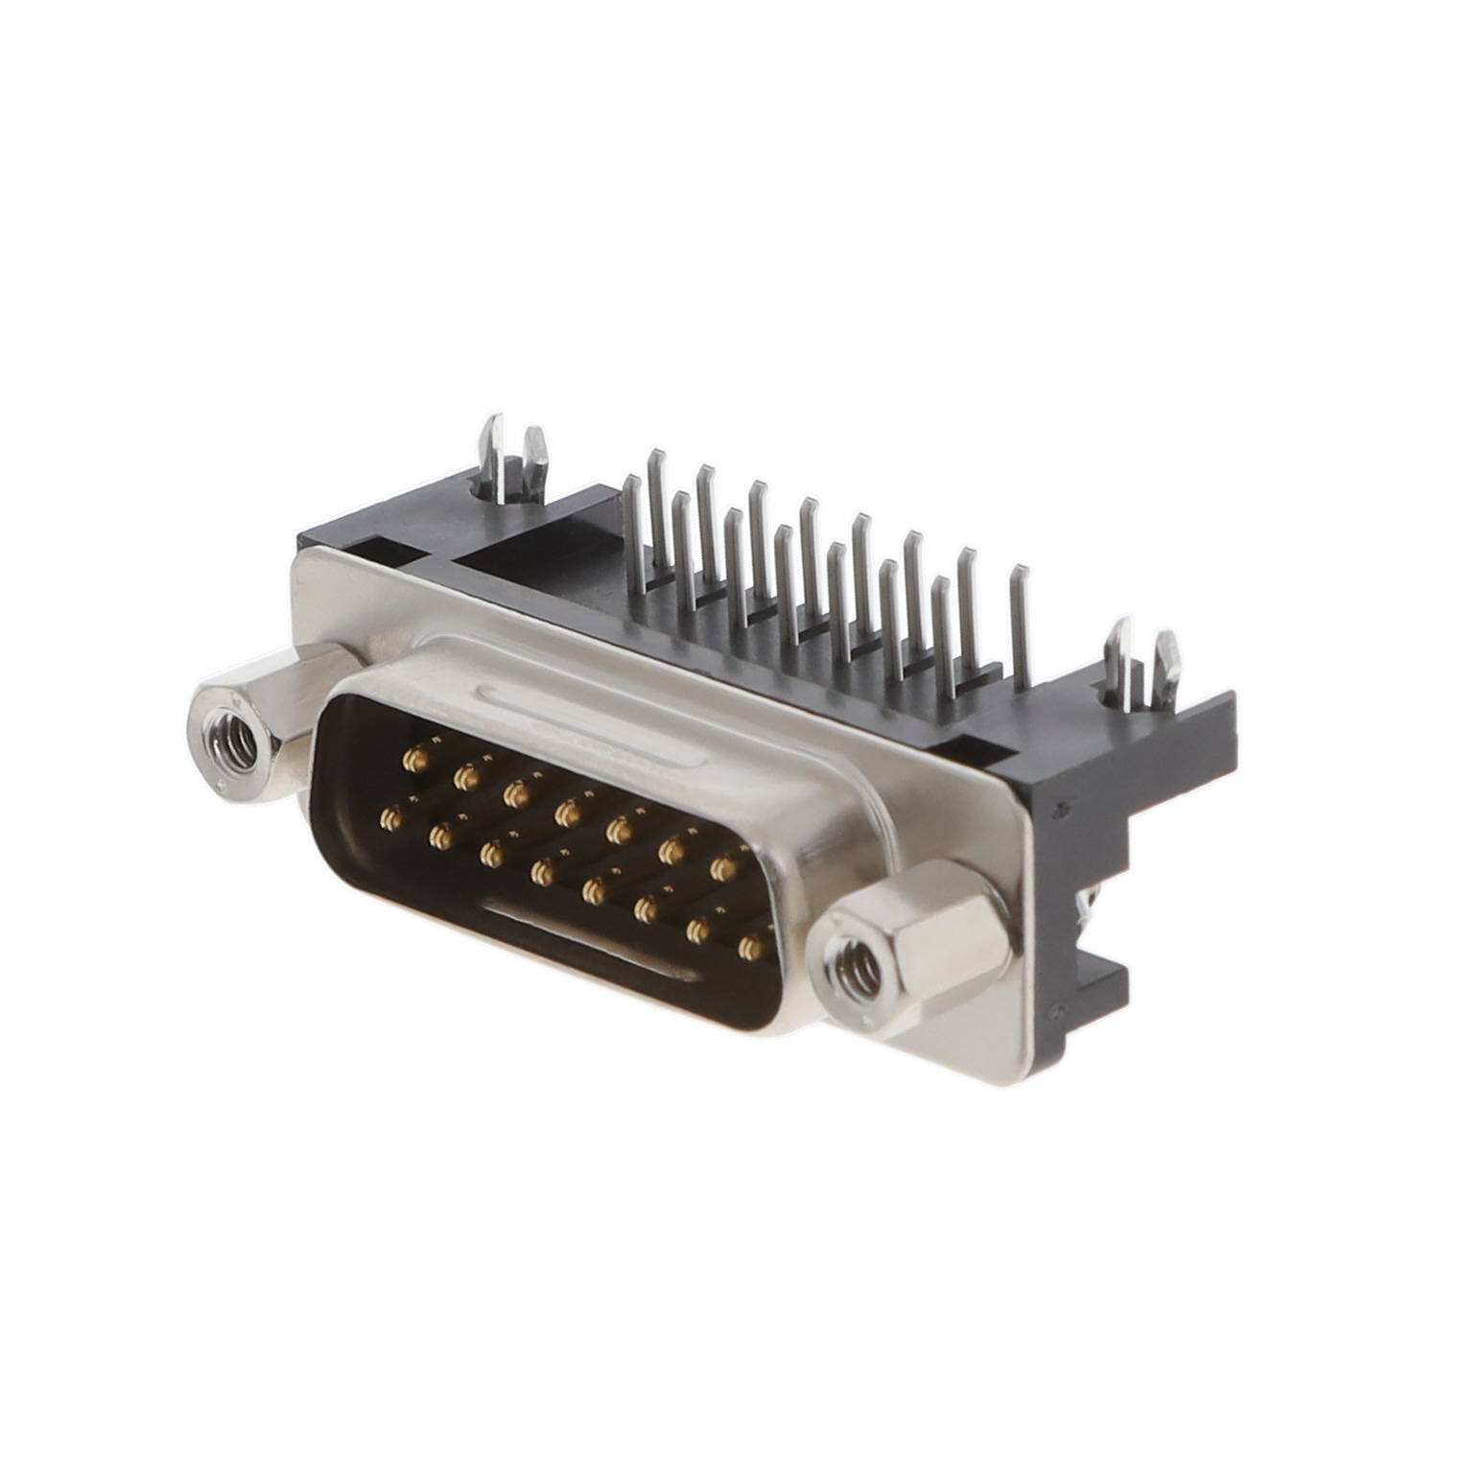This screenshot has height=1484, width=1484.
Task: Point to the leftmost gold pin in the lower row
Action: click(x=389, y=817)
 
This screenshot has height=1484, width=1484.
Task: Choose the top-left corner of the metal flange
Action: click(x=299, y=561)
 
